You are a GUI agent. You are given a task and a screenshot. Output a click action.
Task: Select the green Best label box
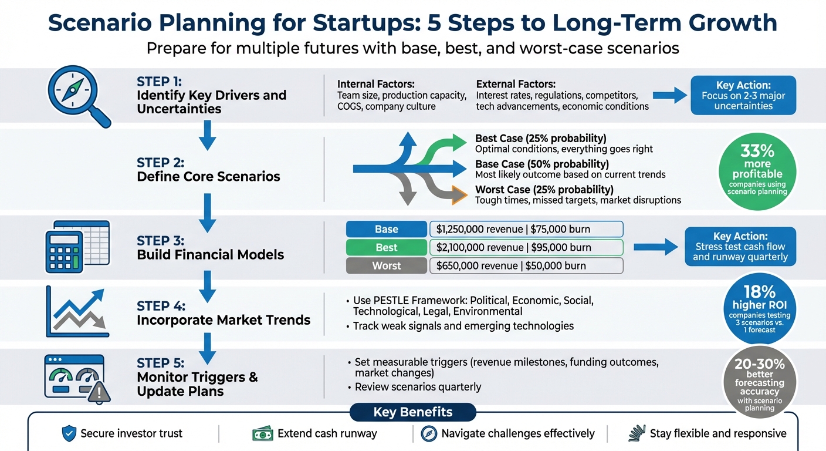[x=386, y=247]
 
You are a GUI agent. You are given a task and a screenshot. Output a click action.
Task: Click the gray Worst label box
[x=386, y=265]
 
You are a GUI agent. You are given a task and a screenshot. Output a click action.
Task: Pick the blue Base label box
[x=386, y=229]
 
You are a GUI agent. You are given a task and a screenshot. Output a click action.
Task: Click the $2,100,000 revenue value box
[x=526, y=247]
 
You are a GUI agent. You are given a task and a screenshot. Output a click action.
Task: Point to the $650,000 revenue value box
[x=526, y=265]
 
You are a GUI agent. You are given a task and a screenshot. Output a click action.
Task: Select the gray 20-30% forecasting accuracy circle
[x=760, y=382]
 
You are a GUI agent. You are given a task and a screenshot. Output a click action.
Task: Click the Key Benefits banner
[x=412, y=412]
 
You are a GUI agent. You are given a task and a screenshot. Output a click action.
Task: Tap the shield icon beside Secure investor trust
[x=69, y=434]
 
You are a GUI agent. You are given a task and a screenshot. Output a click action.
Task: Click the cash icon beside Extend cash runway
[x=262, y=434]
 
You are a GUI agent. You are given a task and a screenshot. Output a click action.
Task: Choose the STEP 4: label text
[x=161, y=306]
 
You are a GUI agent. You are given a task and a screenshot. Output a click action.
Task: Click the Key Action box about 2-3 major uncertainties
[x=743, y=95]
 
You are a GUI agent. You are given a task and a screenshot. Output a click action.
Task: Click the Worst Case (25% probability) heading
[x=544, y=189]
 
